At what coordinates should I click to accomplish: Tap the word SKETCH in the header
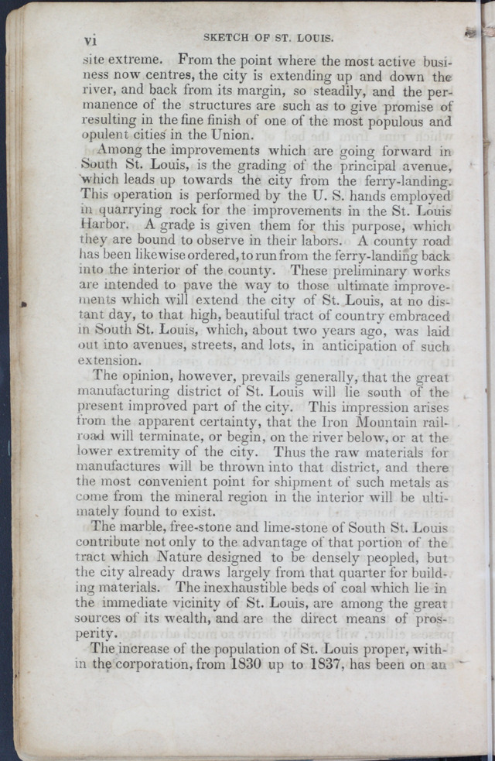pyautogui.click(x=225, y=37)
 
